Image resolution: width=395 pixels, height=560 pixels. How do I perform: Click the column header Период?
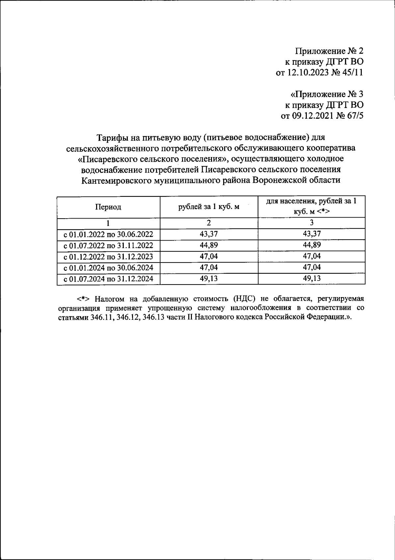coord(108,207)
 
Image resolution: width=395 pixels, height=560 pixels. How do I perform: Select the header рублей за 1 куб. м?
coord(209,207)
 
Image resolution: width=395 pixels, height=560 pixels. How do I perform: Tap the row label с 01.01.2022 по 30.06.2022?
coord(108,234)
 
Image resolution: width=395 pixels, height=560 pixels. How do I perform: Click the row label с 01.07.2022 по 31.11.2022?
coord(108,245)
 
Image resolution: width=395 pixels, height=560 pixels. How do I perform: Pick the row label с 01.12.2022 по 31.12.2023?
coord(108,257)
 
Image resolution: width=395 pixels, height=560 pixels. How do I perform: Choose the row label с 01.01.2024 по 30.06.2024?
coord(108,268)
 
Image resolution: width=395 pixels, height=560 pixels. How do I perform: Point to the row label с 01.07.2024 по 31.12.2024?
coord(108,279)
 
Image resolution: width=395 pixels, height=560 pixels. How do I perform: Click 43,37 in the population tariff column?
coord(311,234)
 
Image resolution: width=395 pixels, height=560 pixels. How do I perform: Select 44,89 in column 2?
coord(209,245)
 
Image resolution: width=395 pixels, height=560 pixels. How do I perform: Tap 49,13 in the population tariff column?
coord(311,279)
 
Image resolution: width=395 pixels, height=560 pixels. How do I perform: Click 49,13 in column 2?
coord(209,279)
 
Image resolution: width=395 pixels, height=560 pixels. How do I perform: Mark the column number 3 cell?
coord(311,223)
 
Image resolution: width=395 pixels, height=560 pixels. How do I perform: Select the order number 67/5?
coord(354,116)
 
